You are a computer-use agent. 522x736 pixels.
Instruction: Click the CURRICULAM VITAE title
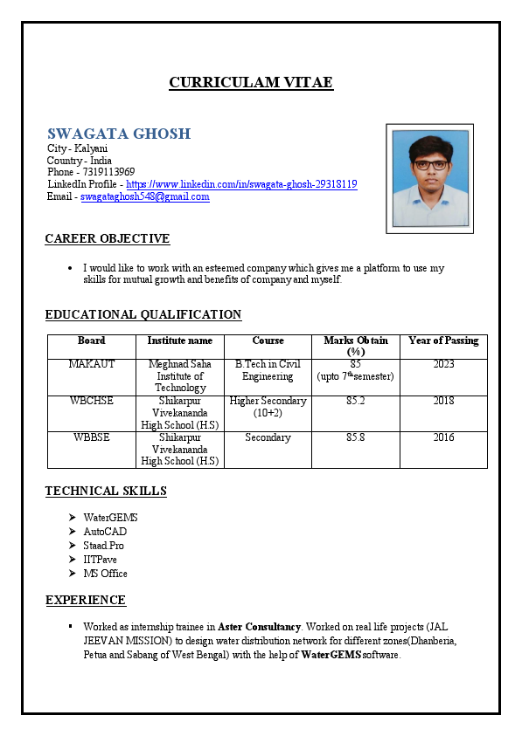click(x=250, y=83)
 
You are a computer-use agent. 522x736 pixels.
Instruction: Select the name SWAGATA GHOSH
click(x=119, y=134)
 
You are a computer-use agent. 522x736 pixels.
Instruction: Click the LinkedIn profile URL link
click(x=241, y=184)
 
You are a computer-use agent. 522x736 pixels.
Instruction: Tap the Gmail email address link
click(x=144, y=196)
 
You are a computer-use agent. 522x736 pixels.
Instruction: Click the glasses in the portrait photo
click(x=429, y=163)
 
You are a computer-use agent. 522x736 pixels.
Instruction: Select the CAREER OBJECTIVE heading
click(x=107, y=238)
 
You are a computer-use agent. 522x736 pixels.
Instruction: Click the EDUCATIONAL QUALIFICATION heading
click(x=143, y=314)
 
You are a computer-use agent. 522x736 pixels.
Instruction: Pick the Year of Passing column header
click(x=443, y=340)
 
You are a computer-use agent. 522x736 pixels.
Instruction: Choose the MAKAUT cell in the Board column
click(x=91, y=364)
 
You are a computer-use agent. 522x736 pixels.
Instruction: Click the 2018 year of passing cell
click(x=443, y=401)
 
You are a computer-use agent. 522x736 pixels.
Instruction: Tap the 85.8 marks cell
click(x=355, y=437)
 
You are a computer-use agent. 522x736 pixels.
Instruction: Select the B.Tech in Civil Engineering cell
click(x=268, y=370)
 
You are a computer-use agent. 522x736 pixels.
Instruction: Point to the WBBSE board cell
click(x=91, y=437)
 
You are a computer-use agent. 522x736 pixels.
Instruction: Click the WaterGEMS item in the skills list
click(x=110, y=518)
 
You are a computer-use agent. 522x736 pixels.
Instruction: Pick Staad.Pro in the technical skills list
click(x=103, y=546)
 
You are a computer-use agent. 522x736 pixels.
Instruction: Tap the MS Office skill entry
click(x=105, y=574)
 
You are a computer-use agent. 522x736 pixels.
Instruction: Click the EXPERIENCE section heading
click(x=86, y=600)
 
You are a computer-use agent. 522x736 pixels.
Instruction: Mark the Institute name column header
click(x=179, y=340)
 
